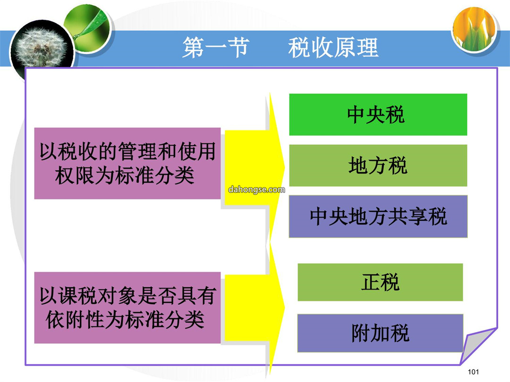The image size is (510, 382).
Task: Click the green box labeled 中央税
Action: (378, 114)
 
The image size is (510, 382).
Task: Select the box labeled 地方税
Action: (378, 166)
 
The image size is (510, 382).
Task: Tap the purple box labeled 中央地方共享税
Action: (378, 216)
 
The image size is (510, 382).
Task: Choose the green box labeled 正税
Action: (380, 282)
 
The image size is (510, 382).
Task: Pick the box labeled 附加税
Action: (380, 333)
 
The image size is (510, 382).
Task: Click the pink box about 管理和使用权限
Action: (127, 163)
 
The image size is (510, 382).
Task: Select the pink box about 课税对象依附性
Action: (127, 307)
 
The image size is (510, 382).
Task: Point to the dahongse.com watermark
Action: (256, 190)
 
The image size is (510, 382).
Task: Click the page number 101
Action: (473, 372)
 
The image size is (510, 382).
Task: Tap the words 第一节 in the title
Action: (216, 48)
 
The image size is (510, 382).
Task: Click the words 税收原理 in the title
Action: (333, 48)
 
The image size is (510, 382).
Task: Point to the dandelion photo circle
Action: (42, 49)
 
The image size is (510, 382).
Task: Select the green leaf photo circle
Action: (88, 28)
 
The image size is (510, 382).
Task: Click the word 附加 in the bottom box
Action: (371, 333)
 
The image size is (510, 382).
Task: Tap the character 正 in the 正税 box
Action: (371, 282)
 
